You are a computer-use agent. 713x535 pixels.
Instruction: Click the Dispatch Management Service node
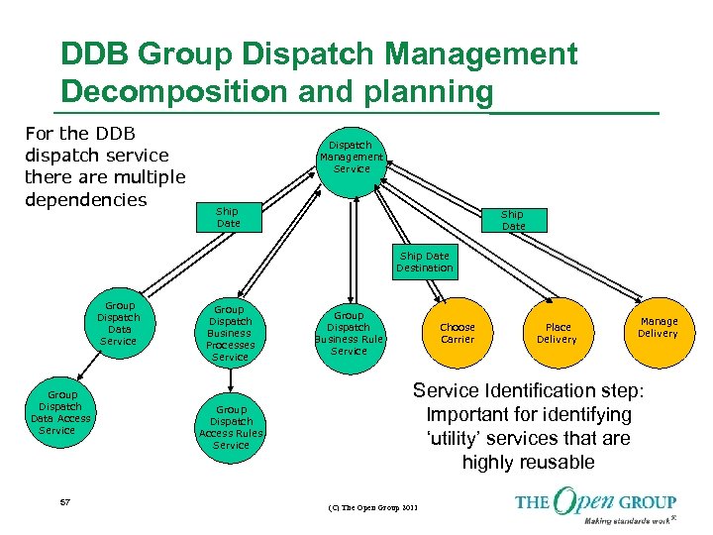tap(351, 158)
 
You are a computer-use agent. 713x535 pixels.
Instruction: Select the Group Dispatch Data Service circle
tap(119, 324)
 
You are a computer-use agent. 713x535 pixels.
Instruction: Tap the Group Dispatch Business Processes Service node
tap(230, 333)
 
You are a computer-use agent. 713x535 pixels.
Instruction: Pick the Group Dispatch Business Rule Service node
tap(349, 333)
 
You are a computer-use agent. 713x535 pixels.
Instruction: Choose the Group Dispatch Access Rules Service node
tap(231, 427)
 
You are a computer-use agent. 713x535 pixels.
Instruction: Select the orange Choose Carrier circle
tap(457, 333)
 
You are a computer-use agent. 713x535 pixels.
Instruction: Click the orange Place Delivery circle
tap(557, 333)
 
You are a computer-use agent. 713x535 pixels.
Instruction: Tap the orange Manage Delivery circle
tap(658, 327)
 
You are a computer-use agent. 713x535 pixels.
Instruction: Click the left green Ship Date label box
tap(228, 217)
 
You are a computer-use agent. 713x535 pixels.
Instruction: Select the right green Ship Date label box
tap(512, 219)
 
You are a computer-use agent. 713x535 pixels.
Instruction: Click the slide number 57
tap(65, 503)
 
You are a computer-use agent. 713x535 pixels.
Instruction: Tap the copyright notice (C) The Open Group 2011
tap(372, 508)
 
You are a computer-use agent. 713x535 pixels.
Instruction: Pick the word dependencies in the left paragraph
tap(85, 199)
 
